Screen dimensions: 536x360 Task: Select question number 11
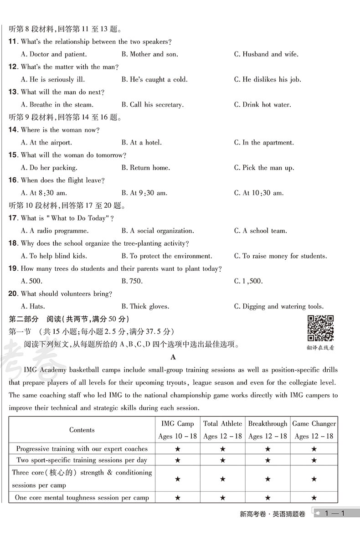pyautogui.click(x=13, y=42)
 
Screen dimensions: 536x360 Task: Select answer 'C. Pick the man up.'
pyautogui.click(x=264, y=168)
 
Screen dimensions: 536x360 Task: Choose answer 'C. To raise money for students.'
pyautogui.click(x=280, y=256)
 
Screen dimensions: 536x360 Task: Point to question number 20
pyautogui.click(x=13, y=294)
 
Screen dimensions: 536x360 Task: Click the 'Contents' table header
pyautogui.click(x=82, y=430)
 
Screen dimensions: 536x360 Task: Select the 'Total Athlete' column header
pyautogui.click(x=222, y=424)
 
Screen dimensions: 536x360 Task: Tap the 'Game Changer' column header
pyautogui.click(x=314, y=424)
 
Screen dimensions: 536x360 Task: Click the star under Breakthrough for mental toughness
pyautogui.click(x=267, y=498)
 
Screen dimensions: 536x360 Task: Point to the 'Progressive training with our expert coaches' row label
pyautogui.click(x=82, y=449)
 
